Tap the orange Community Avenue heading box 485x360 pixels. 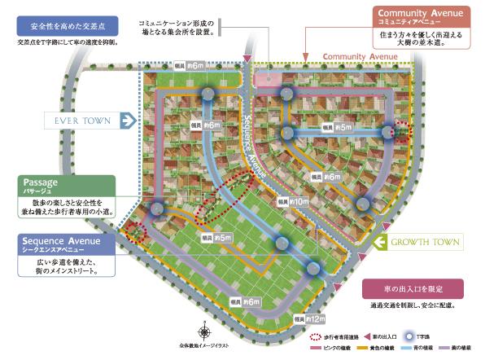coord(422,15)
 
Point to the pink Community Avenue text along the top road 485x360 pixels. coord(360,57)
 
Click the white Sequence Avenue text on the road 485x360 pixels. coord(254,147)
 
